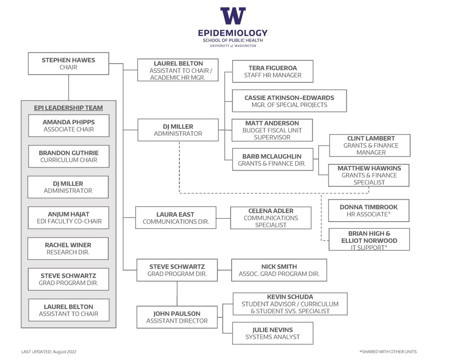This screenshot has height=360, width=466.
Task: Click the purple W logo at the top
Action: pyautogui.click(x=233, y=16)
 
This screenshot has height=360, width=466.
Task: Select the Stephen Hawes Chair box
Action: pyautogui.click(x=69, y=64)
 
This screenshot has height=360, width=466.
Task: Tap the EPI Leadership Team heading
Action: pyautogui.click(x=68, y=108)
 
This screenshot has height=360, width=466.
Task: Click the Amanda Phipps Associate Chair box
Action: pyautogui.click(x=69, y=126)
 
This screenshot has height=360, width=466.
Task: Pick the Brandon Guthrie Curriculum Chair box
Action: pyautogui.click(x=69, y=157)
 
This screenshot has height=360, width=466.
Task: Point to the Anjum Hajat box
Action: pyautogui.click(x=69, y=218)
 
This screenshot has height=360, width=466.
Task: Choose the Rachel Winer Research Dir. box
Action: pyautogui.click(x=68, y=248)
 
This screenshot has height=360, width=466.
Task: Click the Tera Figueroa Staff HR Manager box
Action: pyautogui.click(x=273, y=71)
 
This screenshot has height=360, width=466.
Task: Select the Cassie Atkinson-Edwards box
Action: pyautogui.click(x=289, y=101)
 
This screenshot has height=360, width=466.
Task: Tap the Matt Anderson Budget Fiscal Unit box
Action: pyautogui.click(x=272, y=130)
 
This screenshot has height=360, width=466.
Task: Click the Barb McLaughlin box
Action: pyautogui.click(x=272, y=160)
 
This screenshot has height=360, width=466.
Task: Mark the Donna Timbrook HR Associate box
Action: pyautogui.click(x=369, y=211)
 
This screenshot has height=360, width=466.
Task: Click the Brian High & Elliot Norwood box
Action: pyautogui.click(x=369, y=240)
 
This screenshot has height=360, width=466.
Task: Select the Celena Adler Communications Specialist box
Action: pyautogui.click(x=271, y=218)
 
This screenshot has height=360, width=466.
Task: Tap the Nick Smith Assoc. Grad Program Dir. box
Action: pyautogui.click(x=279, y=270)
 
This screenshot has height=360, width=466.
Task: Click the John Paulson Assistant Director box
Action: pyautogui.click(x=177, y=317)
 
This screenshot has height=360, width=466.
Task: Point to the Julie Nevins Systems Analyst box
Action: pyautogui.click(x=273, y=333)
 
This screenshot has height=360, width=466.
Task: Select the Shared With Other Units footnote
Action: pyautogui.click(x=388, y=352)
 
